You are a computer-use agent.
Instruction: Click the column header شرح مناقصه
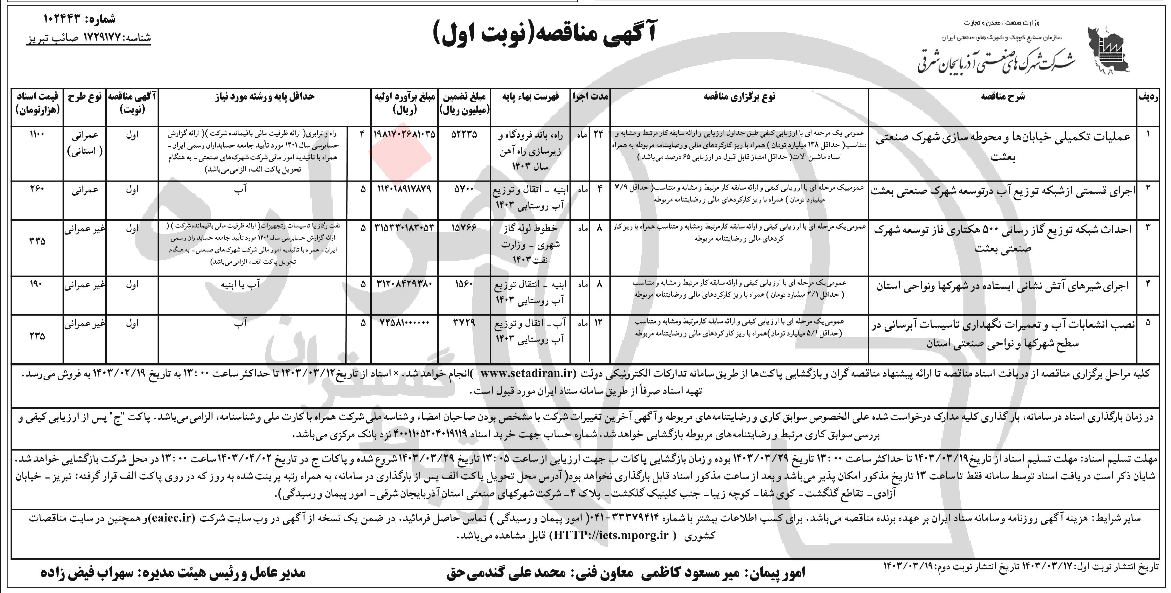coord(1002,96)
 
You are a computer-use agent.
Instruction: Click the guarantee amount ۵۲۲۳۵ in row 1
coord(464,135)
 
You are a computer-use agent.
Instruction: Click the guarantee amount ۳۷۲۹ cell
coord(464,323)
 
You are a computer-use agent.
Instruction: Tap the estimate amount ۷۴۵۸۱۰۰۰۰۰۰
coord(404,323)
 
